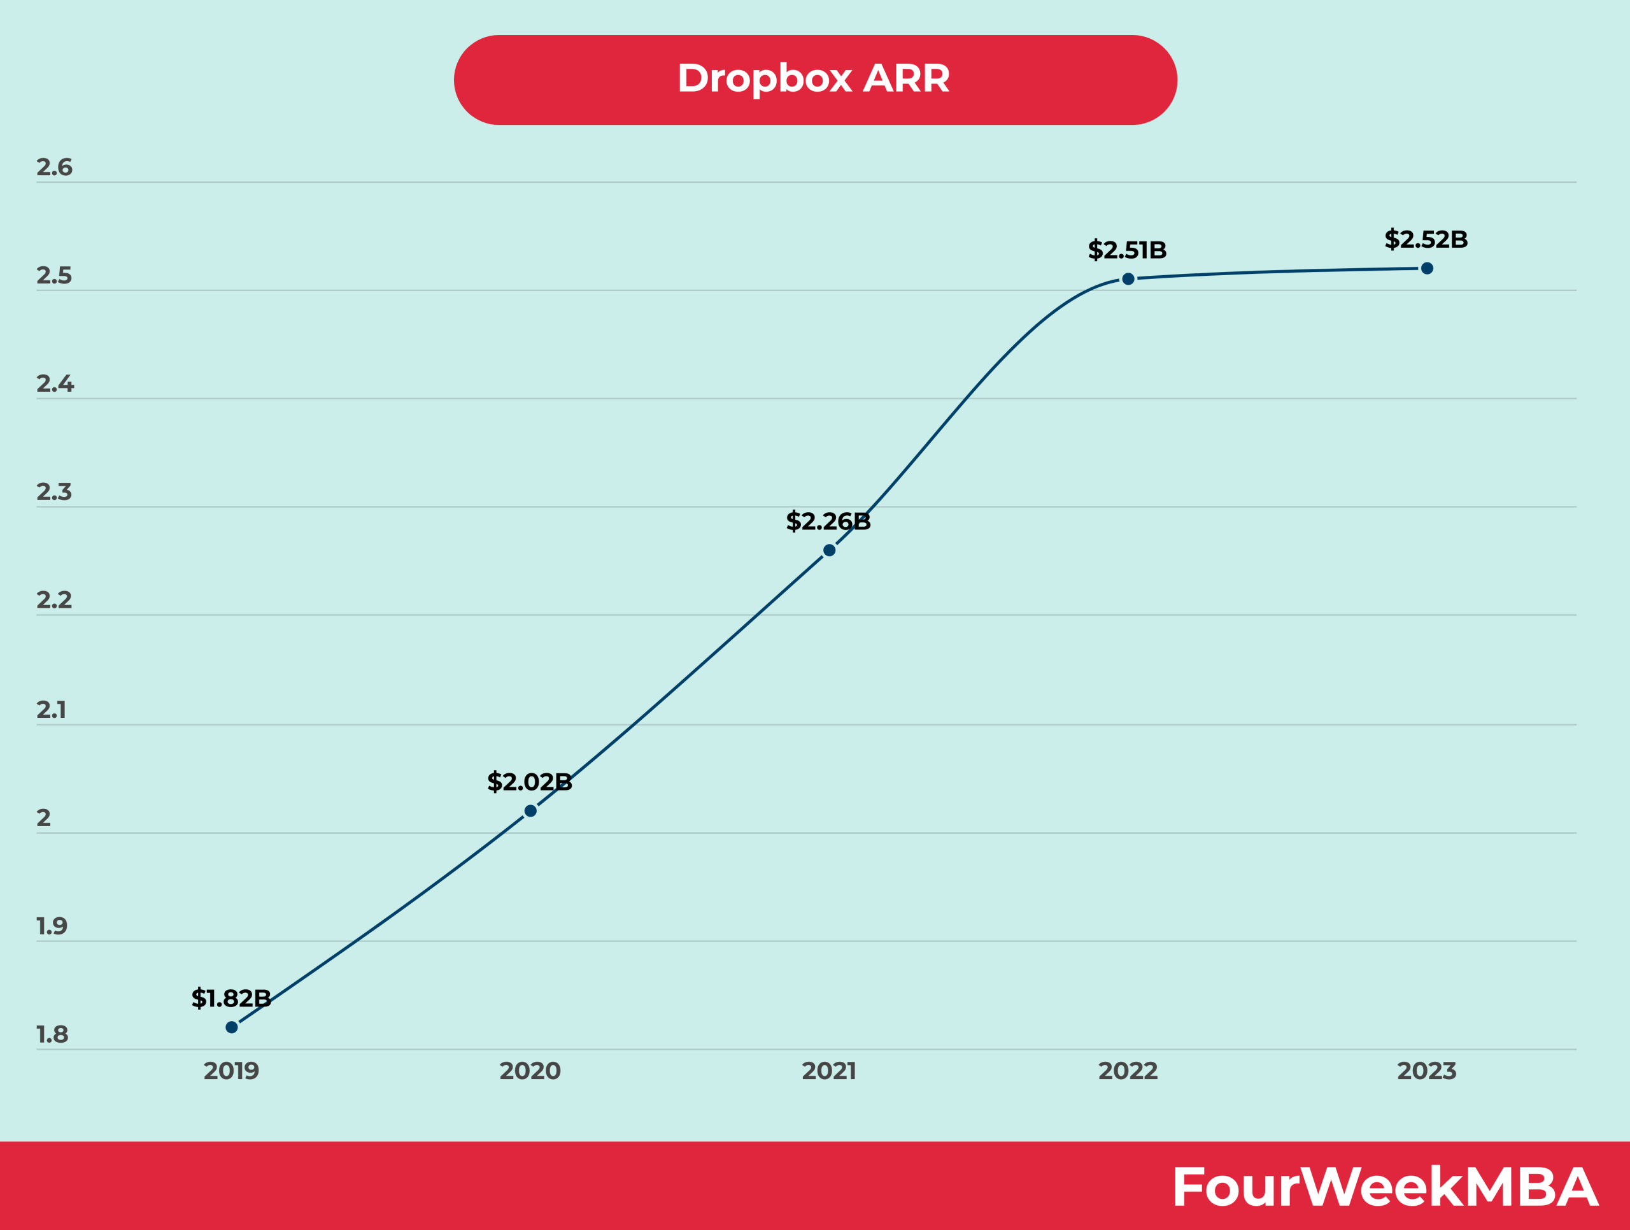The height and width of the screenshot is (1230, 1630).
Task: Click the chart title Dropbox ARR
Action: coord(814,79)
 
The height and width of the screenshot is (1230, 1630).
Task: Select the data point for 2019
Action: coord(231,1027)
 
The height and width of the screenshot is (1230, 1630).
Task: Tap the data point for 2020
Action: coord(530,811)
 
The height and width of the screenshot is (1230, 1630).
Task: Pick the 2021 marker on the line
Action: coord(829,550)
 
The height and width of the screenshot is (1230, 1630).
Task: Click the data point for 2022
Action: coord(1128,278)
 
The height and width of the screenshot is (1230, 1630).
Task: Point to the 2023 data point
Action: coord(1427,268)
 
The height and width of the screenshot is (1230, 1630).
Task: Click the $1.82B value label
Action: coord(230,999)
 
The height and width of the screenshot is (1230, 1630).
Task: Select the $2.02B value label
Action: coord(529,782)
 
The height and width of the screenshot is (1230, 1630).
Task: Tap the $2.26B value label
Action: coord(828,522)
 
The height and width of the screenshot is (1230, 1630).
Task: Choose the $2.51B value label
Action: coord(1128,250)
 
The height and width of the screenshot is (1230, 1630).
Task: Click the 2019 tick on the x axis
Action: coord(231,1071)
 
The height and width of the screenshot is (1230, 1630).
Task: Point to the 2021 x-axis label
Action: coord(829,1071)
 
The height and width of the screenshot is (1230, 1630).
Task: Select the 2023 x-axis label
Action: coord(1427,1071)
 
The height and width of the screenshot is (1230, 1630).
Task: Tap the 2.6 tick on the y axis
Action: coord(55,168)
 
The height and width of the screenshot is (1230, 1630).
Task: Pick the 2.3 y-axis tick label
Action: coord(55,492)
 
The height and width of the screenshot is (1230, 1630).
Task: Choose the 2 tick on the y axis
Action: coord(43,818)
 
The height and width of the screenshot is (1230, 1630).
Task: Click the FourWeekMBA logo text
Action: coord(1385,1187)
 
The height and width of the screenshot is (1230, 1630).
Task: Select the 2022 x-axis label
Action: coord(1128,1071)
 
